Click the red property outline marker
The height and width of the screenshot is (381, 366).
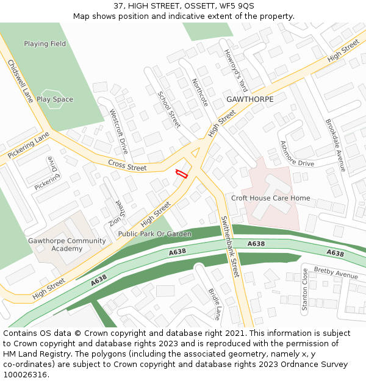[181, 173]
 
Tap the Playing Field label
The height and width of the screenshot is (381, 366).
[45, 44]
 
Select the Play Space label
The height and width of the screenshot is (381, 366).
[54, 99]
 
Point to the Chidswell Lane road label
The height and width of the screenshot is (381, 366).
[20, 80]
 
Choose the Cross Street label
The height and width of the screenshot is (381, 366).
[127, 165]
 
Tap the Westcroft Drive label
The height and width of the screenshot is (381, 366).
[118, 130]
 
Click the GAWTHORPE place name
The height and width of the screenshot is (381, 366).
[249, 99]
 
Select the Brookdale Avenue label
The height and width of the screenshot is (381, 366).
[335, 145]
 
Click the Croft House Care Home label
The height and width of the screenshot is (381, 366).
[270, 198]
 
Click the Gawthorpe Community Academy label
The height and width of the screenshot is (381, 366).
[66, 244]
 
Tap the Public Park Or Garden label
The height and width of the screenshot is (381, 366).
[154, 233]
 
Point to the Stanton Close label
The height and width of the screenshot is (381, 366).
[305, 290]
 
